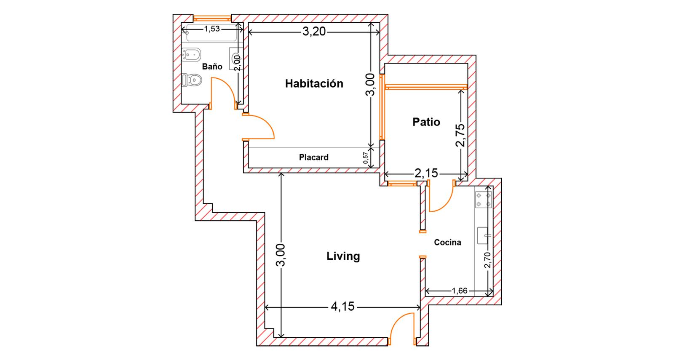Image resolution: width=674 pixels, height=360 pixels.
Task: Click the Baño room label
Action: (212, 67)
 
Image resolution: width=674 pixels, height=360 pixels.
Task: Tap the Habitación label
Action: (314, 84)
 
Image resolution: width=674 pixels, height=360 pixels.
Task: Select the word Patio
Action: (426, 122)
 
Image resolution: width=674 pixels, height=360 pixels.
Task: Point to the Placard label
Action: (313, 157)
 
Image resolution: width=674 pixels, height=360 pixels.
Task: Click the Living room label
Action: (343, 256)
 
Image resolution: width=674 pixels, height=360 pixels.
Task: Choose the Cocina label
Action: (447, 243)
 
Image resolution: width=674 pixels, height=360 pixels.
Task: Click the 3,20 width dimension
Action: (314, 31)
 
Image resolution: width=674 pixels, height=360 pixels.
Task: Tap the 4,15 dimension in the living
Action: (343, 307)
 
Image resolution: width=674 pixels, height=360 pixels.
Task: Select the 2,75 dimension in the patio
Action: (460, 135)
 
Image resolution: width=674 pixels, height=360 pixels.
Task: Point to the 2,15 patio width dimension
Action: (426, 173)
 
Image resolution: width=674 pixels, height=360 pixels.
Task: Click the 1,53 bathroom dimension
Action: (212, 29)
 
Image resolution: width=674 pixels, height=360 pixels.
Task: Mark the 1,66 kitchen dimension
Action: (460, 291)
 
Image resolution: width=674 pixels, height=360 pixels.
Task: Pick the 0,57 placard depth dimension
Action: (366, 157)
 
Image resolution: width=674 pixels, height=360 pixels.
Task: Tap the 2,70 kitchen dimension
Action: (487, 260)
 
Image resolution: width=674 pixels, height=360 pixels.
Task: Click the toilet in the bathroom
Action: (192, 80)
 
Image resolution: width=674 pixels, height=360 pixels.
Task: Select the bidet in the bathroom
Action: (191, 55)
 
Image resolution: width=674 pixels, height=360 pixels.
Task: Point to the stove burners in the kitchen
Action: (484, 200)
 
